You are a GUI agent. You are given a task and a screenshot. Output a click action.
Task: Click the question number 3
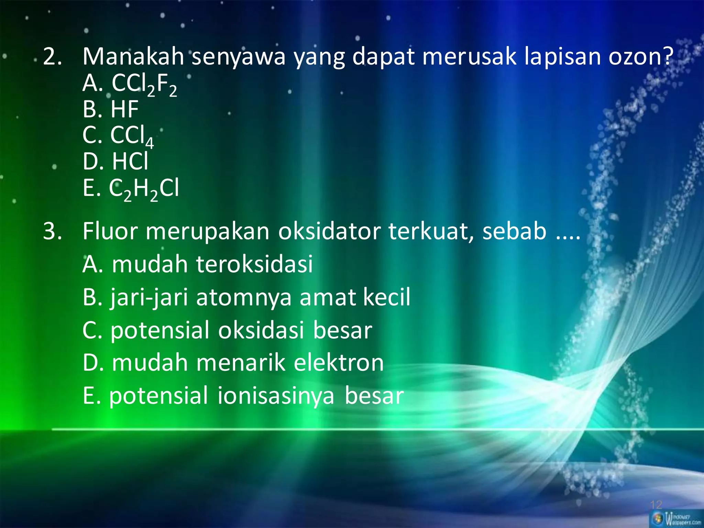pyautogui.click(x=52, y=231)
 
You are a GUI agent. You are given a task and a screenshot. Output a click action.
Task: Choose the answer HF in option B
pyautogui.click(x=124, y=109)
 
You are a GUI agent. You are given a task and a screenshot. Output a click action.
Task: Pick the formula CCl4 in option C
pyautogui.click(x=132, y=135)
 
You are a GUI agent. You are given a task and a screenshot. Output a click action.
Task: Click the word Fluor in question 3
pyautogui.click(x=110, y=231)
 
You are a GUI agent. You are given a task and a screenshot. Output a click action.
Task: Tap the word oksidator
pyautogui.click(x=329, y=231)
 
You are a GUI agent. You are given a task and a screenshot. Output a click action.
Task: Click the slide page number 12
pyautogui.click(x=656, y=505)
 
